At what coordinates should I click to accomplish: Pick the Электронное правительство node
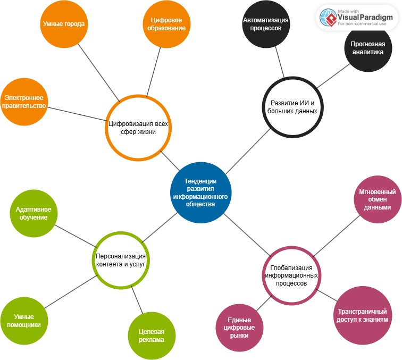coord(24,102)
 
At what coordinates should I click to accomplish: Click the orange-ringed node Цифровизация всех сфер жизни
coord(138,128)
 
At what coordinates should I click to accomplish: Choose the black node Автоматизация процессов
coord(265,24)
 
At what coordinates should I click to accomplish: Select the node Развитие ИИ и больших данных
coord(294,107)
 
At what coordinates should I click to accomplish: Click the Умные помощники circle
coord(24,321)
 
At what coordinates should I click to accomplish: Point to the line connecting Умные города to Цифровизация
coord(99,70)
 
